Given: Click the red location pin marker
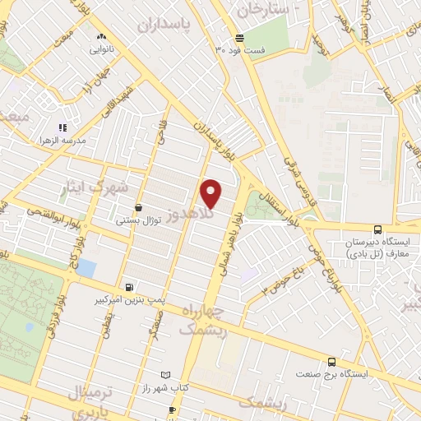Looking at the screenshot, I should pos(211,193).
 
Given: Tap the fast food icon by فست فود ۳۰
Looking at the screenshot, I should pos(238,38).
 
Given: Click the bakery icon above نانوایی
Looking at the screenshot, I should pos(102,36).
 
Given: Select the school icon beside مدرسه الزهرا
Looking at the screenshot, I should pos(62,127).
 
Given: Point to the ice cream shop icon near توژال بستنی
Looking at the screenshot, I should pos(136,208).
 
